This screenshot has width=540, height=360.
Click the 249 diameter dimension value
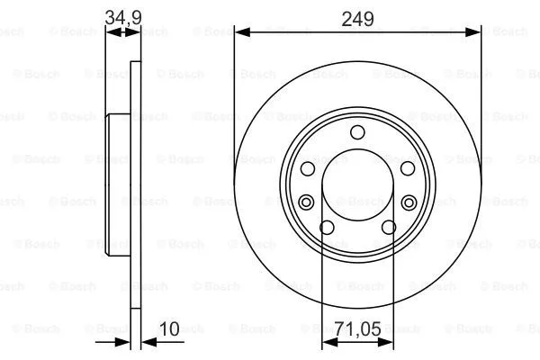click(357, 17)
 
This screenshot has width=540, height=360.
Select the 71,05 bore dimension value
click(358, 331)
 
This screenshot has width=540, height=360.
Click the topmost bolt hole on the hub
click(357, 134)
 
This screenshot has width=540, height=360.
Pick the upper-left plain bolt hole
click(308, 169)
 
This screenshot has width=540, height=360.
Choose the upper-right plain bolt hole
click(407, 169)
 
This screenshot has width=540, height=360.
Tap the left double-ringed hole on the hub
click(305, 201)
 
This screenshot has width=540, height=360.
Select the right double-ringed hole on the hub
click(409, 201)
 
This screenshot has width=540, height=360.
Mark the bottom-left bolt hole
click(328, 227)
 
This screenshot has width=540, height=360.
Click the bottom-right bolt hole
click(387, 227)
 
